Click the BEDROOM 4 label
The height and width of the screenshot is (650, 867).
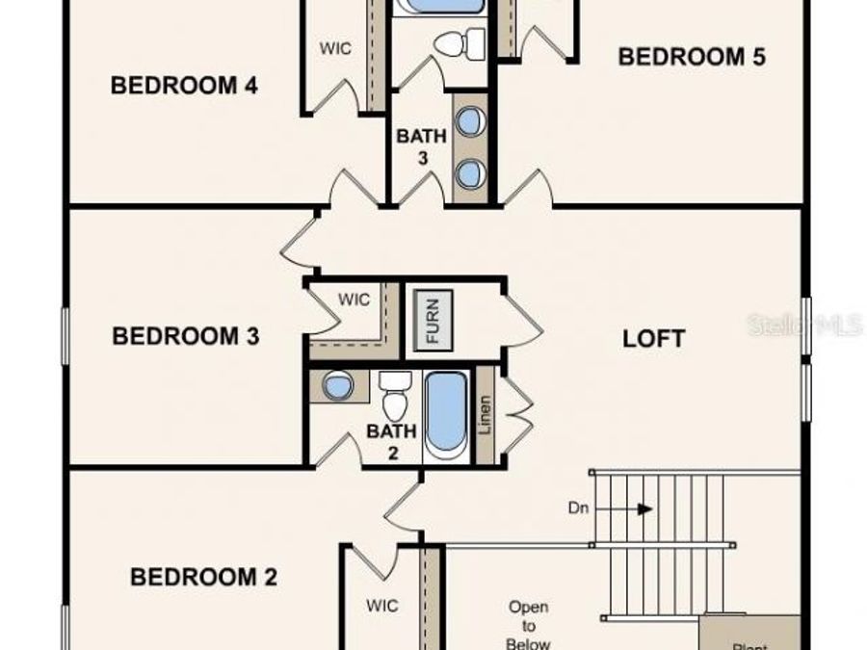(x=184, y=86)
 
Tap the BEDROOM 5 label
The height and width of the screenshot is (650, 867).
(x=692, y=57)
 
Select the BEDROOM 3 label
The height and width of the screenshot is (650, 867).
(x=186, y=336)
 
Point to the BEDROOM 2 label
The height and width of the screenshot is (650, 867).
(x=204, y=577)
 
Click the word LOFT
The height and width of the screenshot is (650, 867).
(x=654, y=338)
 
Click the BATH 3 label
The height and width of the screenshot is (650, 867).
(x=421, y=146)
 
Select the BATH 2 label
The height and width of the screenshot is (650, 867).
(x=392, y=441)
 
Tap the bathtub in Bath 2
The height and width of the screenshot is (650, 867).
(x=446, y=414)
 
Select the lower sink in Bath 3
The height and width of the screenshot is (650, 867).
(x=469, y=173)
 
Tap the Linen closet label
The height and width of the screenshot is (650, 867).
(x=485, y=415)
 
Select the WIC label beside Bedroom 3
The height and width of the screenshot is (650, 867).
(x=354, y=299)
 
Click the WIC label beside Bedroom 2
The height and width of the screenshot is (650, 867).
(x=381, y=606)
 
